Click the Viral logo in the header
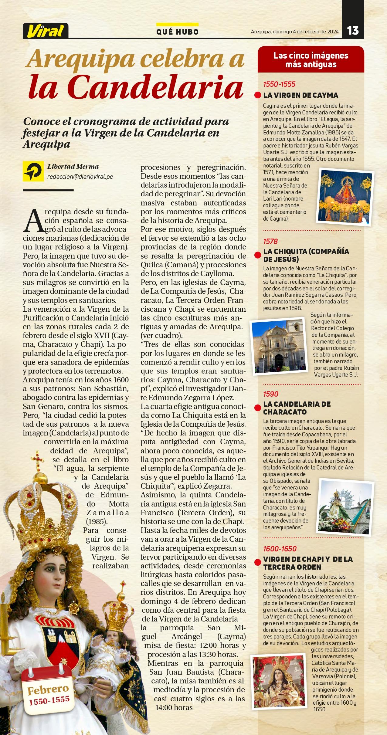pyautogui.click(x=46, y=31)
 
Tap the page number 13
pyautogui.click(x=353, y=31)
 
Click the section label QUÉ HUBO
pyautogui.click(x=178, y=32)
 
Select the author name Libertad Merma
pyautogui.click(x=73, y=166)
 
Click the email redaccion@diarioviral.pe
pyautogui.click(x=80, y=177)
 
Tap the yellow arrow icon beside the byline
pyautogui.click(x=33, y=171)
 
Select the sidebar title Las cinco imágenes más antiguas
pyautogui.click(x=311, y=60)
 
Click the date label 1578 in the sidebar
pyautogui.click(x=270, y=242)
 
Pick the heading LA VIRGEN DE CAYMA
pyautogui.click(x=300, y=95)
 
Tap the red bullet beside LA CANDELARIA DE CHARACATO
pyautogui.click(x=258, y=408)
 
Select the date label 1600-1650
pyautogui.click(x=280, y=549)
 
